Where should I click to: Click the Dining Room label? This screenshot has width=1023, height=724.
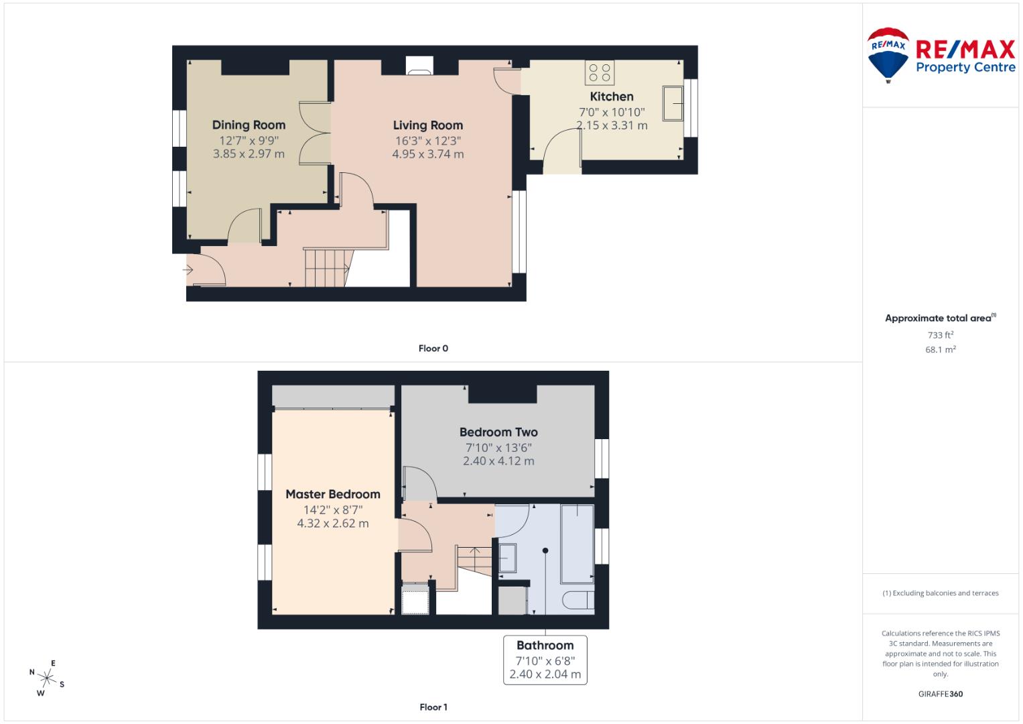coord(249,125)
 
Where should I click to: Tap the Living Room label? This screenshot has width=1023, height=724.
coord(427,125)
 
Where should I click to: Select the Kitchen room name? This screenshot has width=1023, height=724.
coord(611,97)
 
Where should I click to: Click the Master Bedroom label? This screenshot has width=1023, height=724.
coord(332,494)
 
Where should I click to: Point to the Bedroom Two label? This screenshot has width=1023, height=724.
coord(498,432)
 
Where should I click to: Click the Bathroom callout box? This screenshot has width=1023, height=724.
coord(545,660)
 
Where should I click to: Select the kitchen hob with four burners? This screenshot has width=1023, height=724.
coord(599,72)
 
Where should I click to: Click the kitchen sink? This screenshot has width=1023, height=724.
coord(673,103)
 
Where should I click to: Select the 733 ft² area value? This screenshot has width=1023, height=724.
coord(940,335)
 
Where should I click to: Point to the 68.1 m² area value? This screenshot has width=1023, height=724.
coord(940,349)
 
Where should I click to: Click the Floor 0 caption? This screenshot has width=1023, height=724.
coord(433,349)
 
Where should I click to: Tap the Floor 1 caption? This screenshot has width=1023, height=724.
coord(433,707)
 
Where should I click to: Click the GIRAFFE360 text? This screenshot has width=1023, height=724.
coord(940,694)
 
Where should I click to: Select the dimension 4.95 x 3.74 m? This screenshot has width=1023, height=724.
coord(427,154)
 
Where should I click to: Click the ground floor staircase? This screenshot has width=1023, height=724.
coord(327,267)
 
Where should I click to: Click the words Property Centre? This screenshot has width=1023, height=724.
coord(965,67)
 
